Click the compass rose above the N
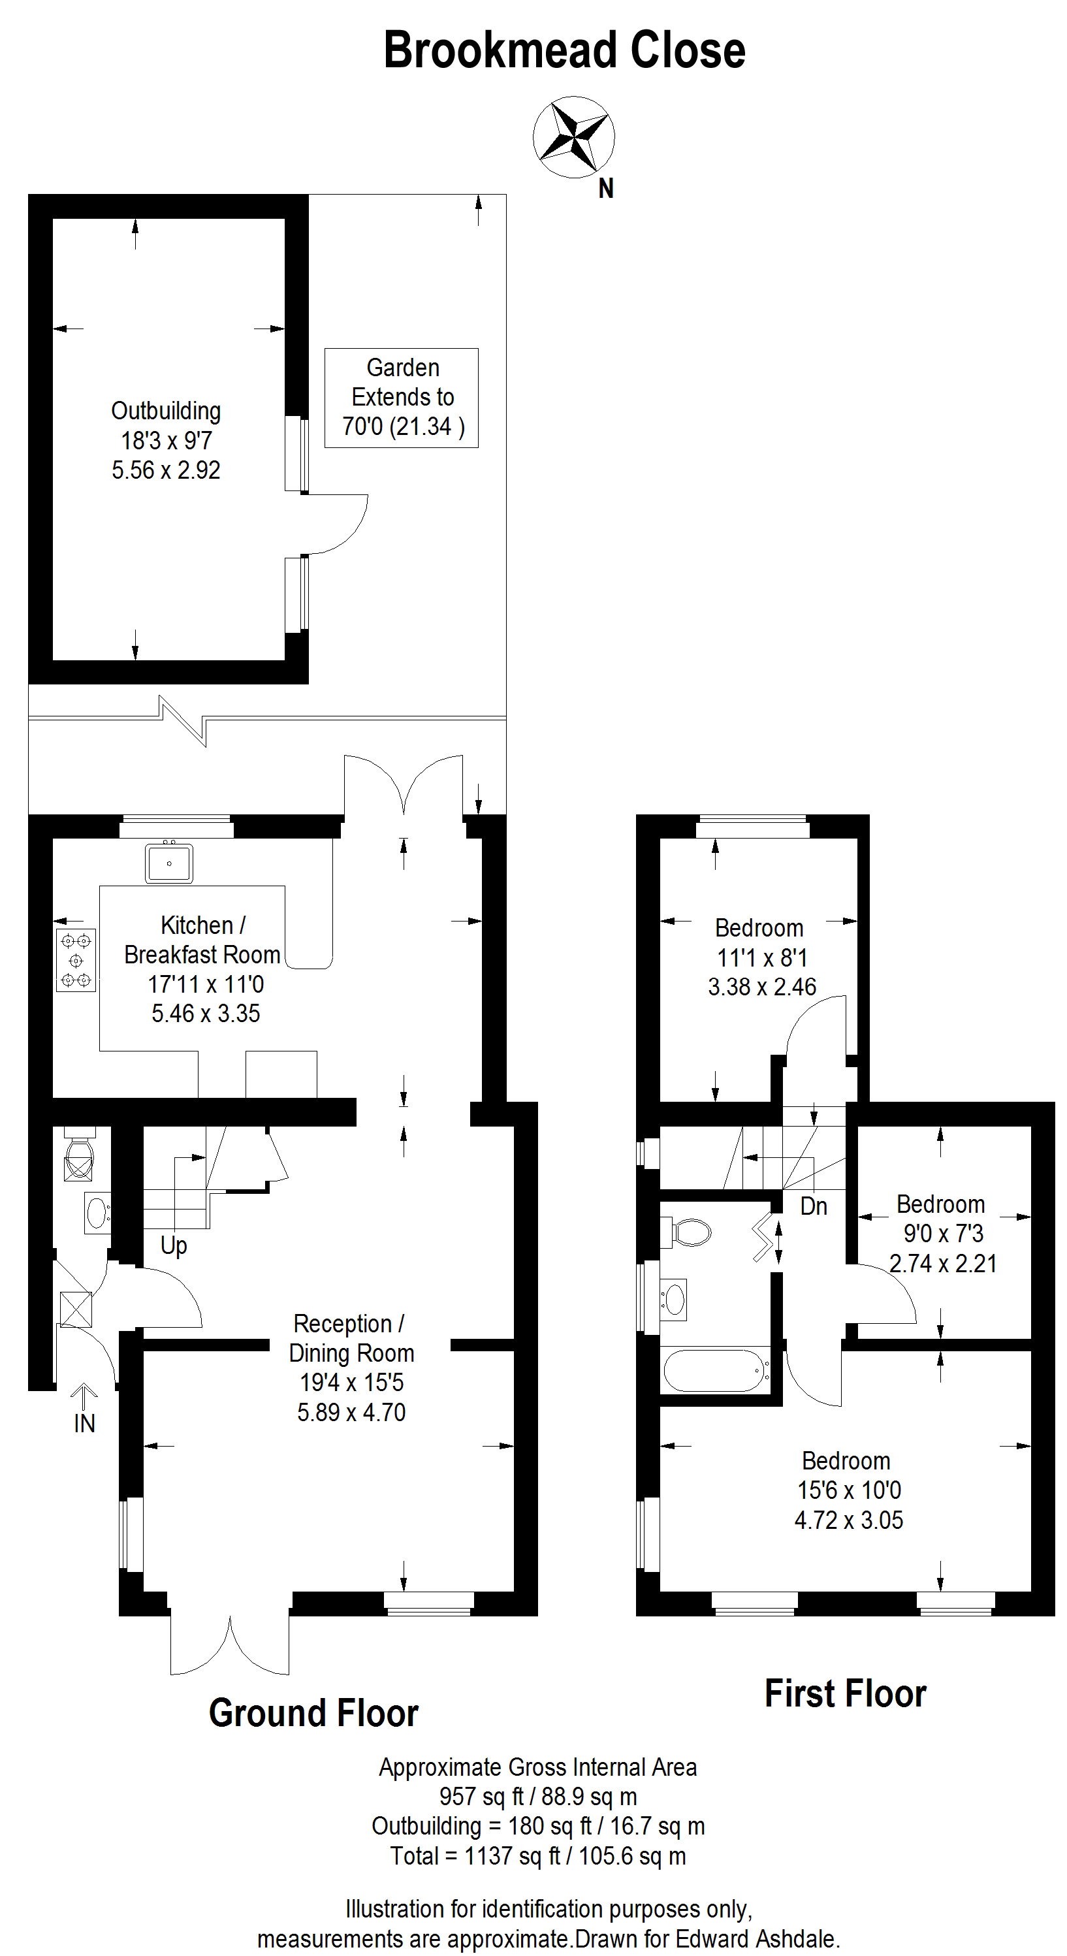click(x=573, y=137)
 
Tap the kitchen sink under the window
click(x=168, y=863)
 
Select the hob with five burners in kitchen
click(x=76, y=961)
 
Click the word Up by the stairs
click(x=173, y=1246)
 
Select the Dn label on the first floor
click(x=814, y=1206)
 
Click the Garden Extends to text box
click(x=402, y=397)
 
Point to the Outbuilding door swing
click(x=336, y=524)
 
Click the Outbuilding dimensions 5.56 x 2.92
click(x=167, y=470)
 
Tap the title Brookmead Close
click(x=564, y=50)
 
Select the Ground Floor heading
click(x=313, y=1713)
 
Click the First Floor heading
click(x=845, y=1693)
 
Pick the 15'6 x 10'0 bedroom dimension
click(x=849, y=1490)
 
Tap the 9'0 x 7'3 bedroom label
click(x=942, y=1233)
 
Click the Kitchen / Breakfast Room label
click(x=202, y=940)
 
